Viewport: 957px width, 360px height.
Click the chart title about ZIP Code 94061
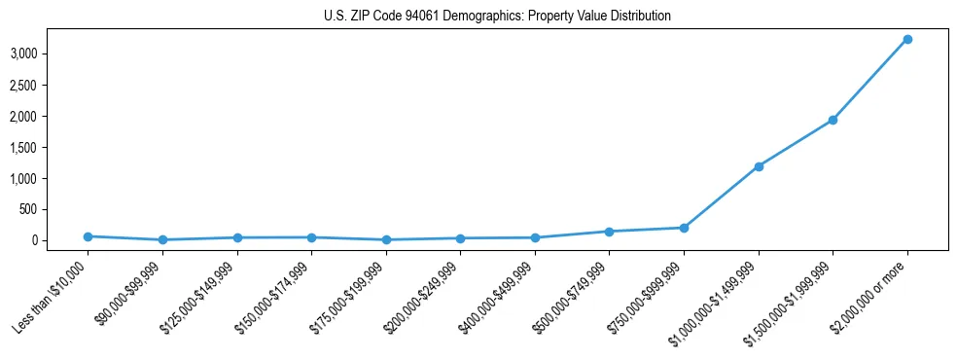497,17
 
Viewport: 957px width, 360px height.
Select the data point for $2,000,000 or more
906,39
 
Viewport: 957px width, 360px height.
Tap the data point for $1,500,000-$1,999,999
833,120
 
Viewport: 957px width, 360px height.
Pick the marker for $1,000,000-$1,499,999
758,166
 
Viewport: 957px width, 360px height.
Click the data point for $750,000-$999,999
684,228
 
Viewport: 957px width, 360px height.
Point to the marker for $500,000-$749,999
609,232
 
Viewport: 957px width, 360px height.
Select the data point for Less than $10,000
88,236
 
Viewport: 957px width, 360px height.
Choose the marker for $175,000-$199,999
386,239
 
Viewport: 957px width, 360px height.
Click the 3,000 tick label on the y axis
24,54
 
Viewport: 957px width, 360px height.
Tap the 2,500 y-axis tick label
24,85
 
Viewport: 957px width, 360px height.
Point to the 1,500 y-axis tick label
24,147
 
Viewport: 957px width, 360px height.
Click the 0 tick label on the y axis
35,240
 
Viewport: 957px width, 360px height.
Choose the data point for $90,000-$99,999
162,239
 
